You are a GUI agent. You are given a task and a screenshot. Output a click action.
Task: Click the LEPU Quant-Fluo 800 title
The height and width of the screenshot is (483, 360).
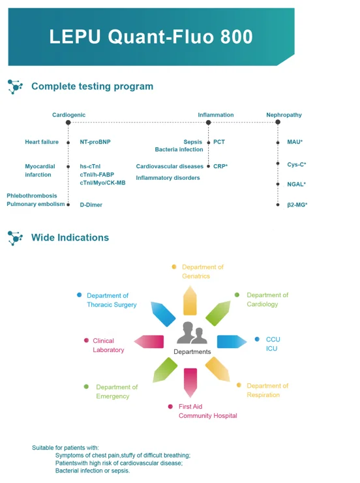151,37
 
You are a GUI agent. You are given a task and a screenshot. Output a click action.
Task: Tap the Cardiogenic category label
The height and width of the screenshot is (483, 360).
68,115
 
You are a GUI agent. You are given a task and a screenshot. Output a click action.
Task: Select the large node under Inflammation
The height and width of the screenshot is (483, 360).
208,123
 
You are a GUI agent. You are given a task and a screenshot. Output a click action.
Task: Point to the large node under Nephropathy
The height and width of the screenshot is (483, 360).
278,122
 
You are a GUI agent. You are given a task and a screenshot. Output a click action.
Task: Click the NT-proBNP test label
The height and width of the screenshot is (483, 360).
95,142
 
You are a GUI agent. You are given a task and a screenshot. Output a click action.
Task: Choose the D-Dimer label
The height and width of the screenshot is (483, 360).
91,205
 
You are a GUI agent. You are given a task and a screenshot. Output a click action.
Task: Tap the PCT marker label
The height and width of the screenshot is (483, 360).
219,142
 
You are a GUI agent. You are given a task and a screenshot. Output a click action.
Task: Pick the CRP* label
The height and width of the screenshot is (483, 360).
220,166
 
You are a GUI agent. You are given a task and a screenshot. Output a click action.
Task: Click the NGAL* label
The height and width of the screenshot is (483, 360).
297,184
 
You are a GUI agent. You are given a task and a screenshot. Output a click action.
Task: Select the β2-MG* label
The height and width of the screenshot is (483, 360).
297,205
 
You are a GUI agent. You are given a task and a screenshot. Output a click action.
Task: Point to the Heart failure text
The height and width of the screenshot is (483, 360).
42,142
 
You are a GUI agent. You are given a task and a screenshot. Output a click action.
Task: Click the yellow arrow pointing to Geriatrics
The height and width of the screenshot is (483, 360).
190,301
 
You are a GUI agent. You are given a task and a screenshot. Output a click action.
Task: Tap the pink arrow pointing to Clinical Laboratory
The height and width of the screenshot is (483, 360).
149,342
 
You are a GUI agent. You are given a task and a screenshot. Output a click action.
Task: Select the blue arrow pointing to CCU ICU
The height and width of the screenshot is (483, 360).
232,342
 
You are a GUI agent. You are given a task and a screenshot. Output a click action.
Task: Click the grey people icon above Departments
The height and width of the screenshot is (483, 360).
192,332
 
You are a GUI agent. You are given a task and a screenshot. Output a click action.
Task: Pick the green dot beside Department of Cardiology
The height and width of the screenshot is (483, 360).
237,295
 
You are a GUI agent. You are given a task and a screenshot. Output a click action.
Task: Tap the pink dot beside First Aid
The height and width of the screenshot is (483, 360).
170,407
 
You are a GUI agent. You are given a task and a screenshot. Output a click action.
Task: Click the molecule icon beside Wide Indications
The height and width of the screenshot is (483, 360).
15,238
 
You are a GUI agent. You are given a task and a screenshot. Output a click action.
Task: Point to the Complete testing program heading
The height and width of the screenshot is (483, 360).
92,86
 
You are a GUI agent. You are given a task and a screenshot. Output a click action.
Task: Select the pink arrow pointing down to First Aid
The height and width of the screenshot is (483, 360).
190,383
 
